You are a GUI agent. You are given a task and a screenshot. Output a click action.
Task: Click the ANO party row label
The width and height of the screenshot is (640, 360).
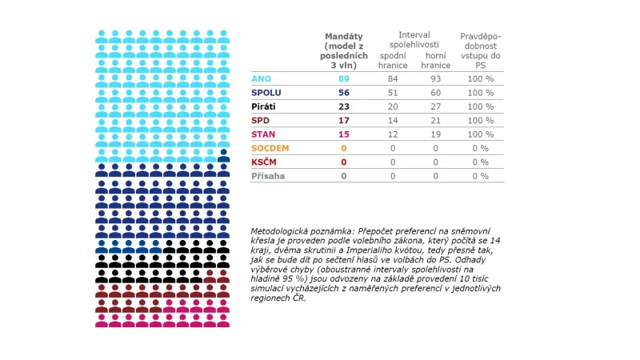pyautogui.click(x=261, y=78)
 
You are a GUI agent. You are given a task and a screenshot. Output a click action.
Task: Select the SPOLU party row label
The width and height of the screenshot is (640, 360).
pyautogui.click(x=266, y=92)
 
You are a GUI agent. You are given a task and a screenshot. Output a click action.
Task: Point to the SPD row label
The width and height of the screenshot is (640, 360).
pyautogui.click(x=261, y=120)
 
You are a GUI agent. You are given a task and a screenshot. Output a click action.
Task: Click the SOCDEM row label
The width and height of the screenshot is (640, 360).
pyautogui.click(x=270, y=148)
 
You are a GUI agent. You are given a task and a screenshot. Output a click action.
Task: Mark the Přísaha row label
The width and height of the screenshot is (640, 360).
pyautogui.click(x=268, y=175)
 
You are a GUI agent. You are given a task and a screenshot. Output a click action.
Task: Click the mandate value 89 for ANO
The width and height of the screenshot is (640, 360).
pyautogui.click(x=344, y=78)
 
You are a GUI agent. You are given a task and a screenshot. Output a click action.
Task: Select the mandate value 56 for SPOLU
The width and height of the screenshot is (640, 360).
pyautogui.click(x=344, y=92)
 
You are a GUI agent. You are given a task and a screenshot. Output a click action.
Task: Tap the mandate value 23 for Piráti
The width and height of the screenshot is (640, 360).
pyautogui.click(x=344, y=106)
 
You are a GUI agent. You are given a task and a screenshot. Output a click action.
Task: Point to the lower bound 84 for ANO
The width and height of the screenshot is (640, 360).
pyautogui.click(x=393, y=78)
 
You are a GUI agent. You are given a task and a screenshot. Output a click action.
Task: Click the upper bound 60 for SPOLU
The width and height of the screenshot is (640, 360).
pyautogui.click(x=436, y=92)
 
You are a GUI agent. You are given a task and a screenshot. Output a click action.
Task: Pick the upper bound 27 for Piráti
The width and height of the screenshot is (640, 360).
pyautogui.click(x=436, y=106)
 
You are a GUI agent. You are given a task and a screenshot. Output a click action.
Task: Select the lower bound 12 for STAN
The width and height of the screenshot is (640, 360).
pyautogui.click(x=393, y=134)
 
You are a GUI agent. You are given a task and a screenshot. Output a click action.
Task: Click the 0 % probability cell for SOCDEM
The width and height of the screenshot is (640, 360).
pyautogui.click(x=480, y=148)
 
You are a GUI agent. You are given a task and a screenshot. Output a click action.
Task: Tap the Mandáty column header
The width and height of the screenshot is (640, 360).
pyautogui.click(x=344, y=50)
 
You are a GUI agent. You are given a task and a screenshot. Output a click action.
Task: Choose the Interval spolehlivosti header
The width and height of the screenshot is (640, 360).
pyautogui.click(x=414, y=40)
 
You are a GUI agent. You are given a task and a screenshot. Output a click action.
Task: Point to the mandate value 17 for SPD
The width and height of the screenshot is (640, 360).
pyautogui.click(x=344, y=120)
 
